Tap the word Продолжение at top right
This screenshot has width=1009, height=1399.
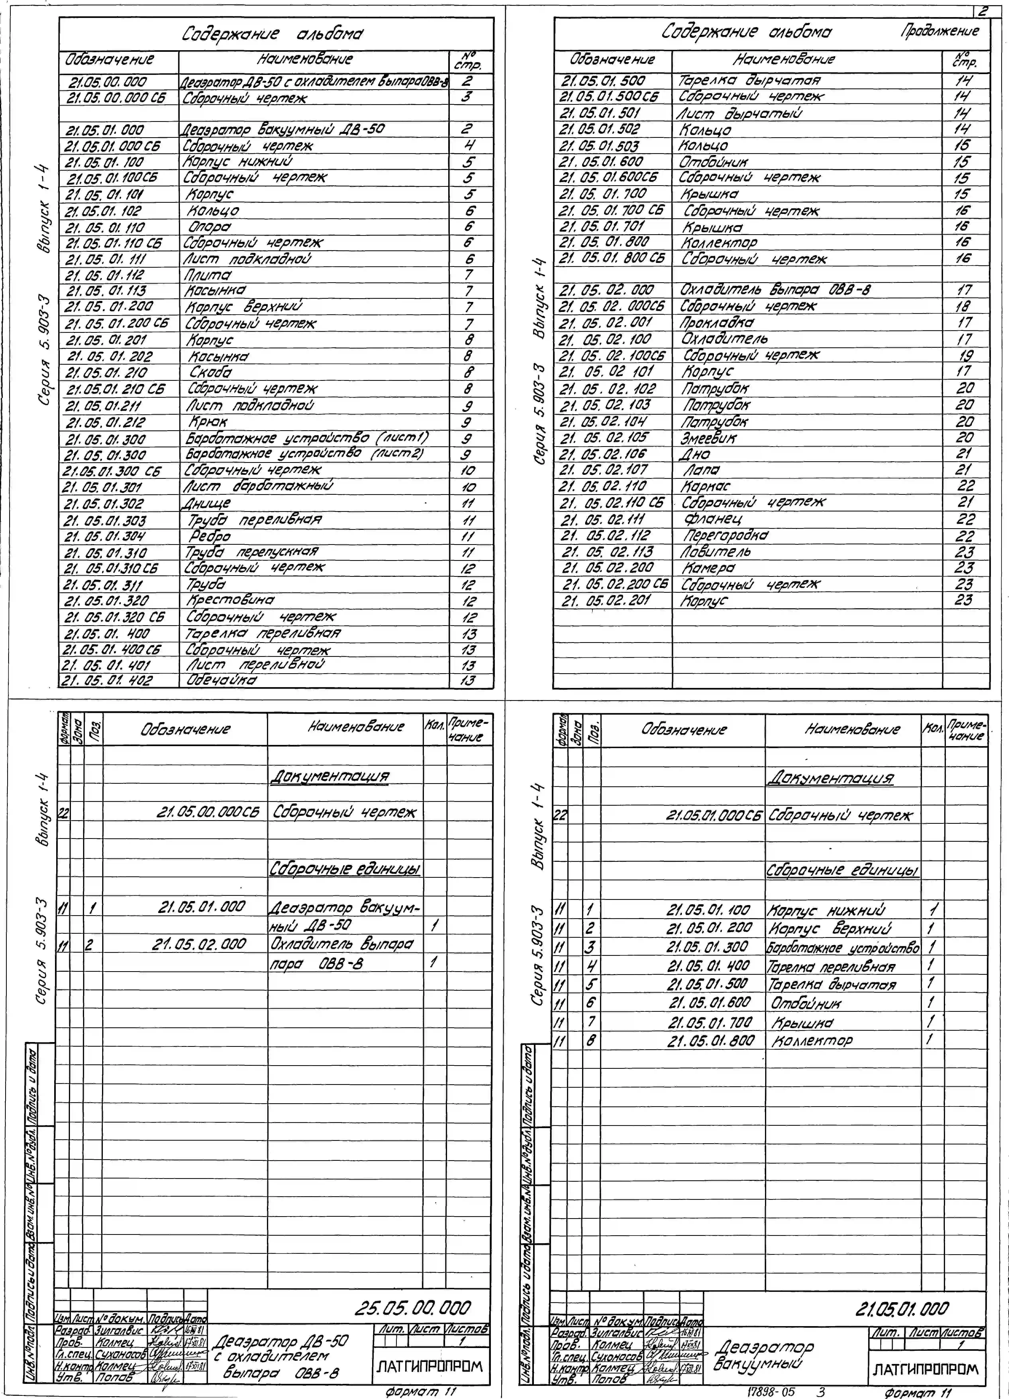(x=939, y=31)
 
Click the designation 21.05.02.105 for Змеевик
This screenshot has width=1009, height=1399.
(x=605, y=437)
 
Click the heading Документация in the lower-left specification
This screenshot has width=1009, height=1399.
(x=330, y=776)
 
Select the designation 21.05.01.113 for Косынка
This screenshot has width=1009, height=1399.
(x=106, y=291)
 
